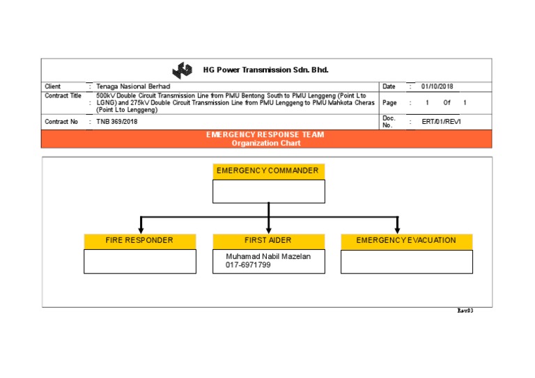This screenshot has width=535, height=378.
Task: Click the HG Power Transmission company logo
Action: (x=183, y=70)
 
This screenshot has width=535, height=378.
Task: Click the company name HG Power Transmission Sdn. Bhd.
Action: (x=265, y=70)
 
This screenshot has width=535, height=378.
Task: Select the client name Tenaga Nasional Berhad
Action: (x=133, y=86)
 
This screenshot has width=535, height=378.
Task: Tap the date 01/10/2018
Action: (x=437, y=86)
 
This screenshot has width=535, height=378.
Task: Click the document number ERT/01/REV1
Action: (x=442, y=122)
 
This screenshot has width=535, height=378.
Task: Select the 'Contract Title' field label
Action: (x=63, y=96)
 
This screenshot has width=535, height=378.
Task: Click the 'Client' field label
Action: (x=53, y=86)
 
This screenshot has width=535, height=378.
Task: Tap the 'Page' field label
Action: (x=389, y=102)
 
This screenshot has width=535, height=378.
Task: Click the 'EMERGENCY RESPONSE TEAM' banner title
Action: (x=265, y=134)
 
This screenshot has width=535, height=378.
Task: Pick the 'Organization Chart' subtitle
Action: (x=265, y=143)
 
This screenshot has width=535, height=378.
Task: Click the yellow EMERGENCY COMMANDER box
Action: (x=268, y=171)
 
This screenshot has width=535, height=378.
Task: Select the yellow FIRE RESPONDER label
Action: (x=139, y=241)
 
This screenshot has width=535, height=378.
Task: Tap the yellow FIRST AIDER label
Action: (x=268, y=241)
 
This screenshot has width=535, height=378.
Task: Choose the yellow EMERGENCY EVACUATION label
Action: (x=406, y=241)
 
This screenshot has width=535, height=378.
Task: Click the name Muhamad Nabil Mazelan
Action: (x=268, y=256)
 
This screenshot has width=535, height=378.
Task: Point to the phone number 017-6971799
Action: (x=248, y=265)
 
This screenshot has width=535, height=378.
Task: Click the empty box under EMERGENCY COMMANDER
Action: (x=268, y=191)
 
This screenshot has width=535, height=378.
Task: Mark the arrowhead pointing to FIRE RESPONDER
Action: (x=141, y=230)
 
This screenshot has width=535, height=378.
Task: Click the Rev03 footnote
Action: (x=465, y=310)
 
